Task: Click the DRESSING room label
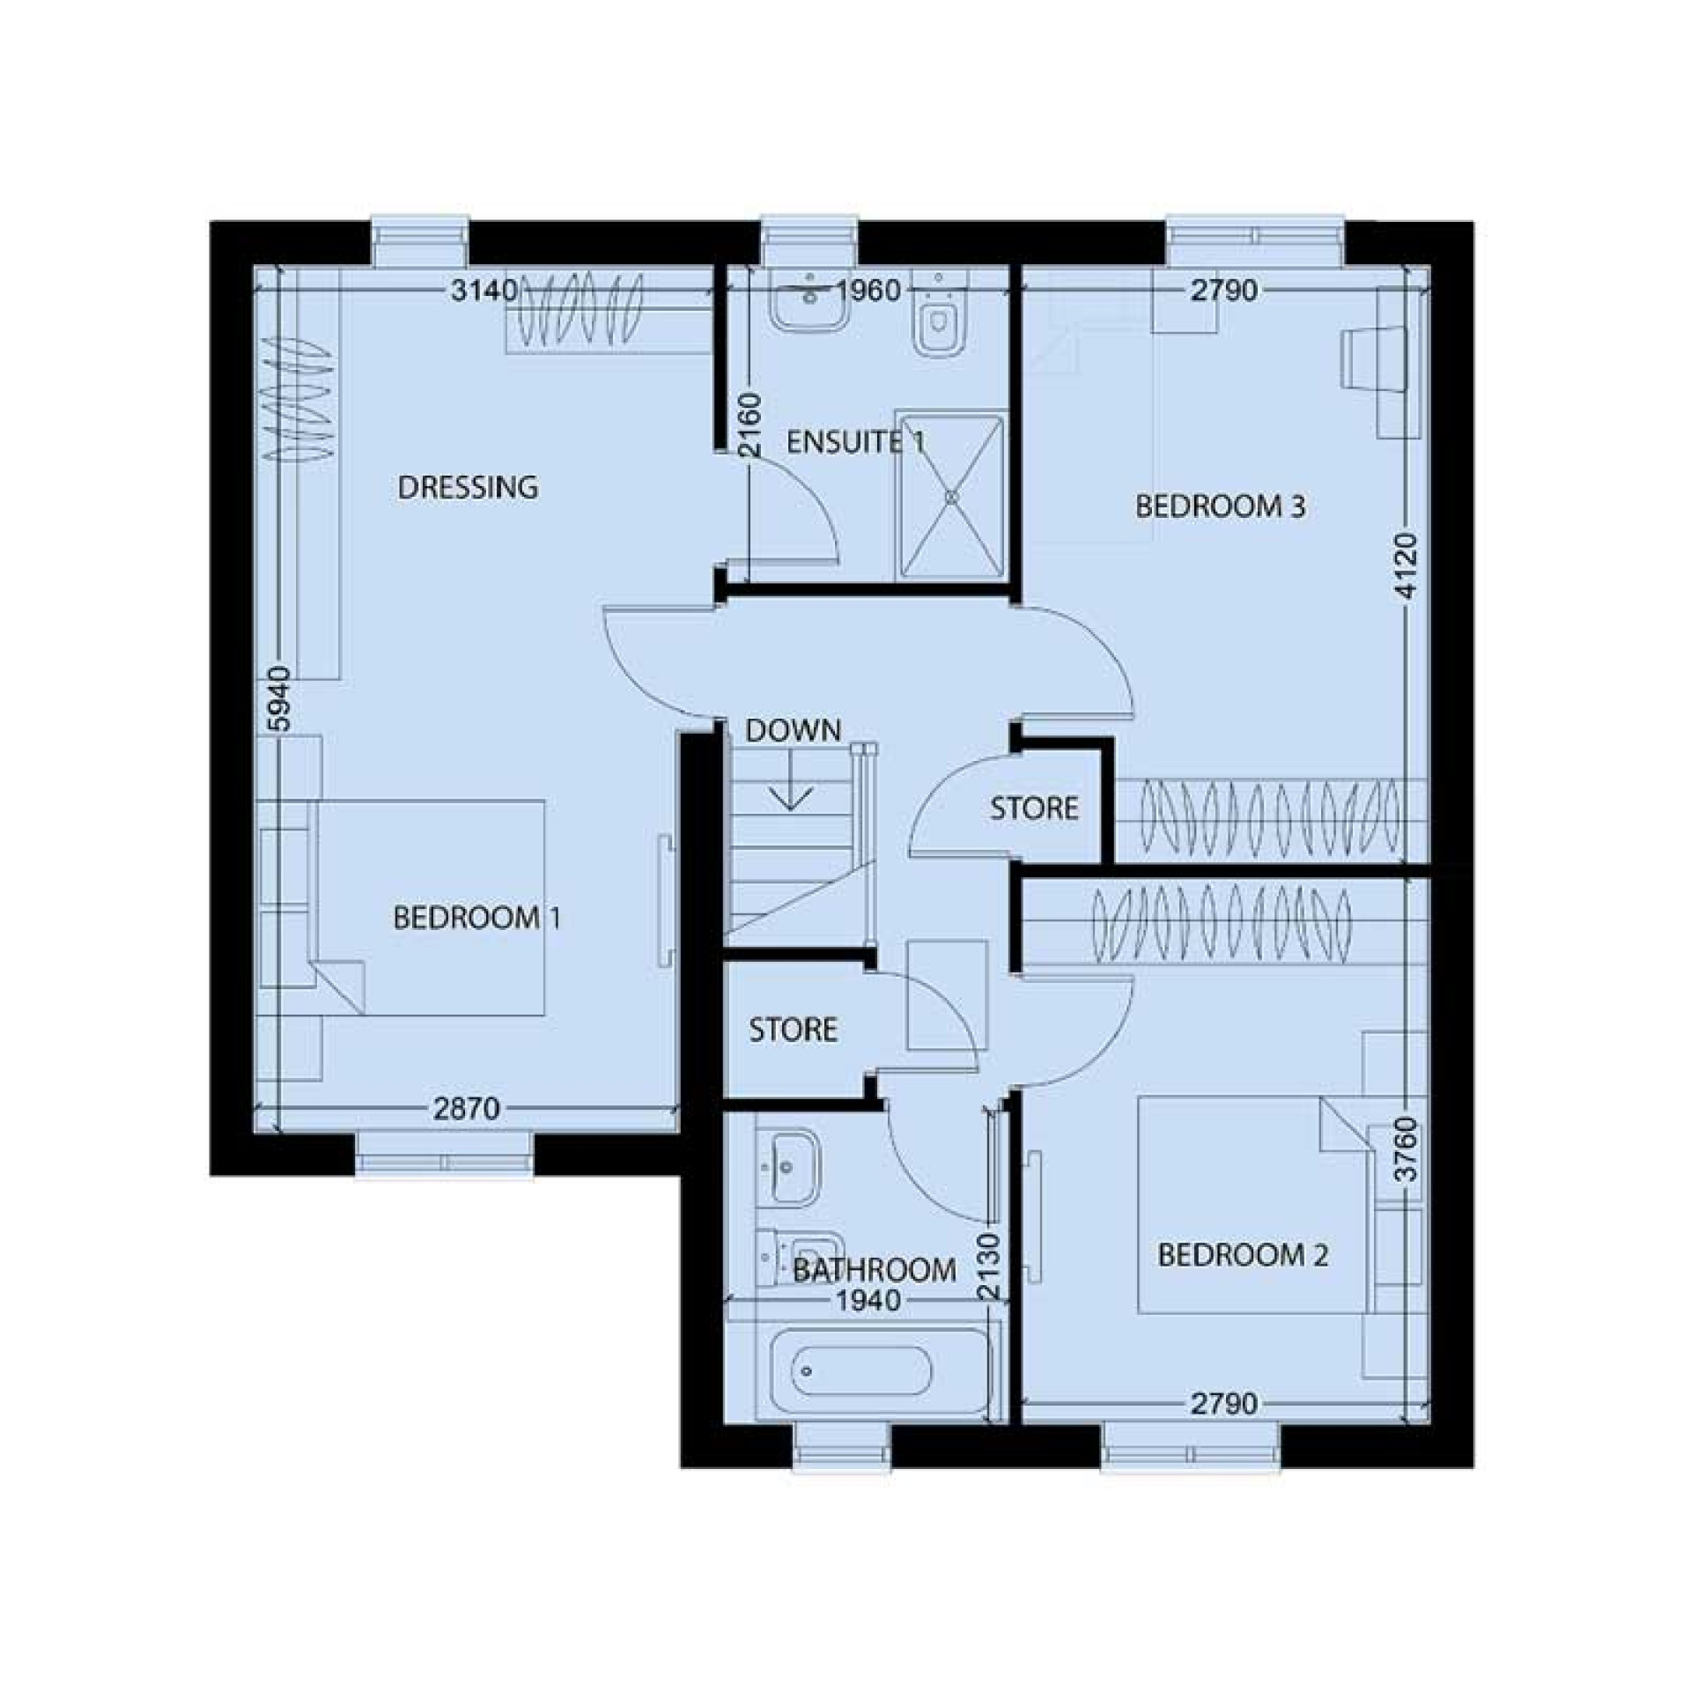tap(467, 487)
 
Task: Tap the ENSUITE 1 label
tap(854, 442)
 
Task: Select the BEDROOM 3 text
tap(1220, 506)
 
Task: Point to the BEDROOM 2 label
tap(1242, 1255)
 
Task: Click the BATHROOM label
tap(874, 1269)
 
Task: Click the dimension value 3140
tap(484, 291)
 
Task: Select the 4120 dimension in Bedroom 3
tap(1407, 565)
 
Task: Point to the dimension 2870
tap(466, 1109)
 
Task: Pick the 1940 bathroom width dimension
tap(868, 1300)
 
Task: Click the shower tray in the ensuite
tap(950, 496)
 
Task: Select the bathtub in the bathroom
tap(851, 1372)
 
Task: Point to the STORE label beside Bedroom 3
tap(1033, 809)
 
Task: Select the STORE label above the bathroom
tap(793, 1030)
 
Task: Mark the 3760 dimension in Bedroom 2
tap(1407, 1149)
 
